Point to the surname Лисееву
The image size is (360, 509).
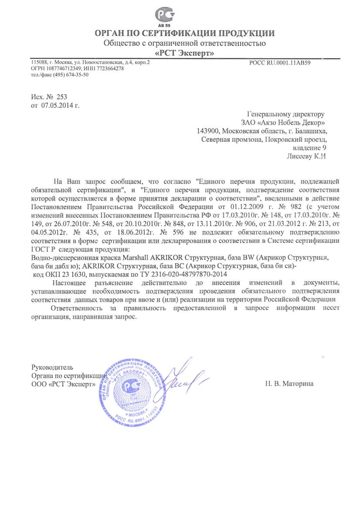coord(300,156)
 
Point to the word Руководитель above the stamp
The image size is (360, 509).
coord(52,367)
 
